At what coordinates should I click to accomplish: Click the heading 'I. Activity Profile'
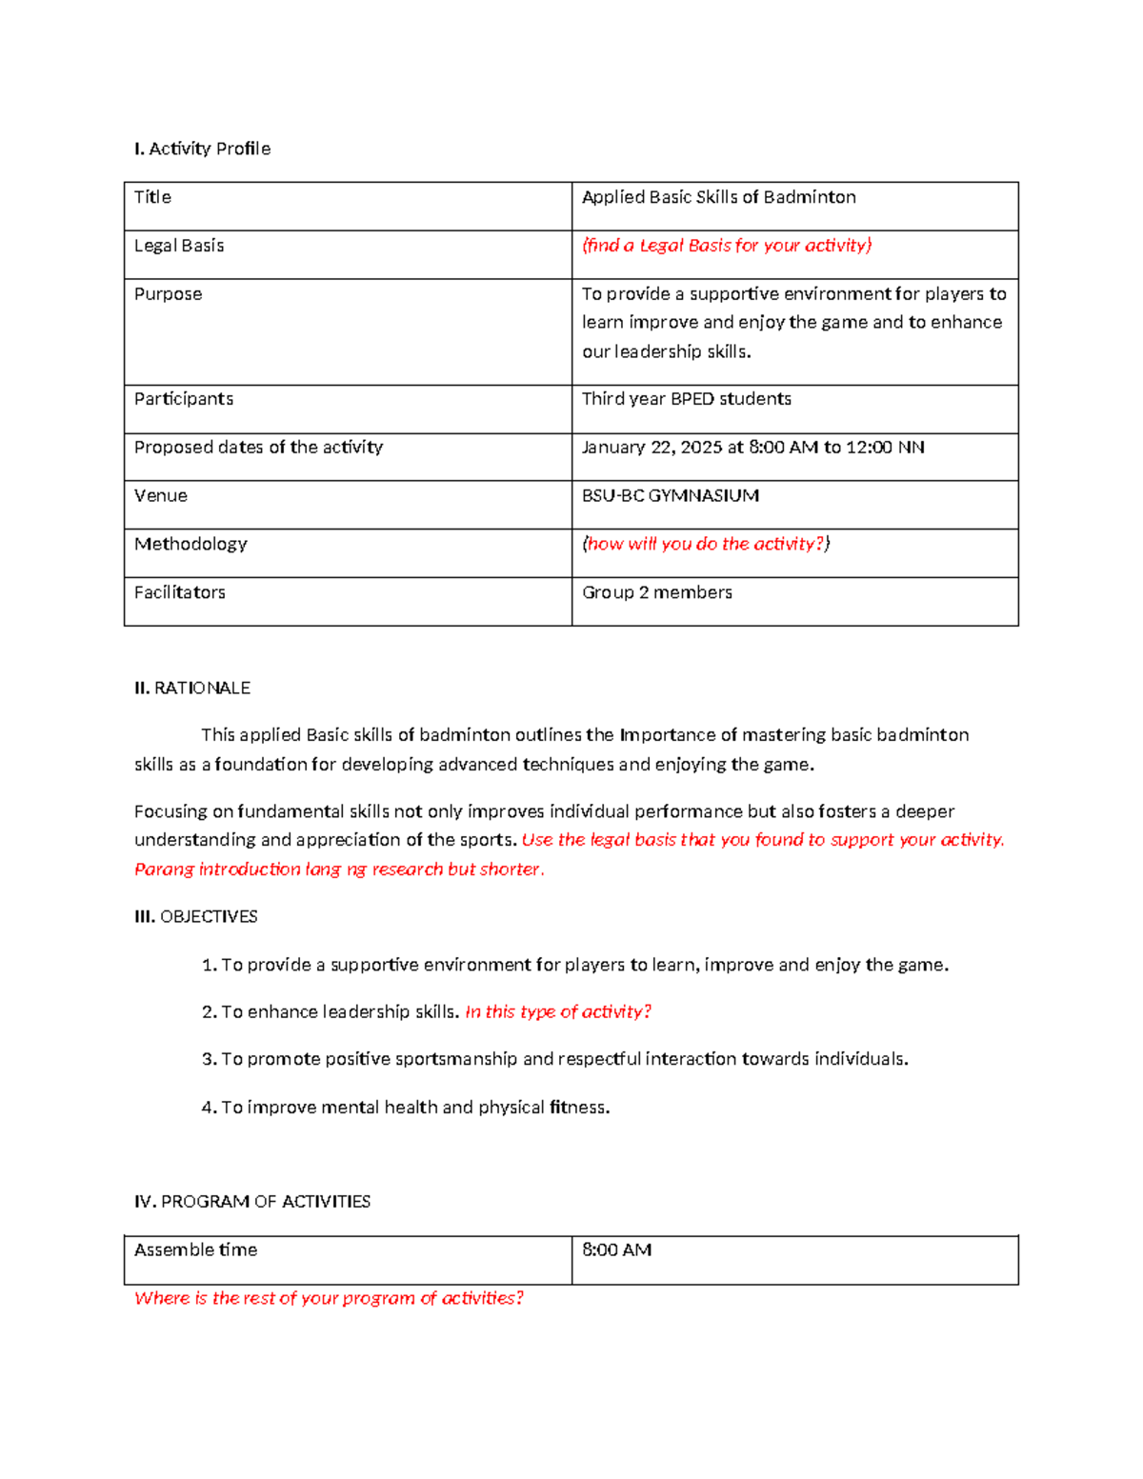(202, 149)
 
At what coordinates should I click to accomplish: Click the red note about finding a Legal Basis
(727, 246)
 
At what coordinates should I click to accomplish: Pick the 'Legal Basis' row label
(179, 246)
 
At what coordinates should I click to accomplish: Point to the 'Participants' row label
(183, 399)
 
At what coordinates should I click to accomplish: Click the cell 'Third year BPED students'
(686, 399)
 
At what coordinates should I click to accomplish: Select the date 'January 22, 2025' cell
(752, 448)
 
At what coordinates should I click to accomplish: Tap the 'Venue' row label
(160, 496)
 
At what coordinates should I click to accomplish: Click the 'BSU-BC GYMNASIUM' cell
(670, 496)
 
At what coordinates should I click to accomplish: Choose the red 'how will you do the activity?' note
(706, 544)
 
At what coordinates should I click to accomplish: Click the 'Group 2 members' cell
(656, 592)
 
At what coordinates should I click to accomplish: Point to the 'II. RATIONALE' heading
(192, 688)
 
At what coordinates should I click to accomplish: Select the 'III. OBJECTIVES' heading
(196, 916)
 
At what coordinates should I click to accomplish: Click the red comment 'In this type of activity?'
(558, 1011)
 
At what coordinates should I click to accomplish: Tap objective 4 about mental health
(406, 1107)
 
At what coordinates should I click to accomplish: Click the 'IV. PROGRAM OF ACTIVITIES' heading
(252, 1202)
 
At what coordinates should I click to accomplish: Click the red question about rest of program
(329, 1298)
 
